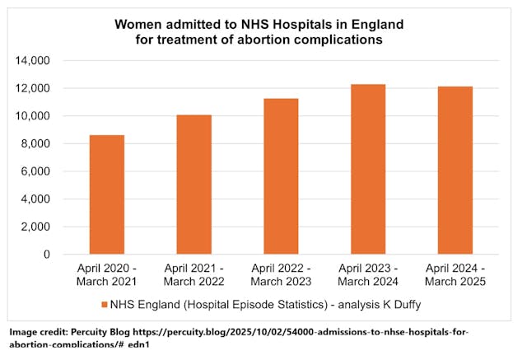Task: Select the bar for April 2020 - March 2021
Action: [x=107, y=194]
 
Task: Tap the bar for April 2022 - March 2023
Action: [x=281, y=176]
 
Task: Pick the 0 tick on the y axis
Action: [x=47, y=255]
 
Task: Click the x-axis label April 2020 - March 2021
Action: [x=107, y=275]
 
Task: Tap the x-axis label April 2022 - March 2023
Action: [x=281, y=275]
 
